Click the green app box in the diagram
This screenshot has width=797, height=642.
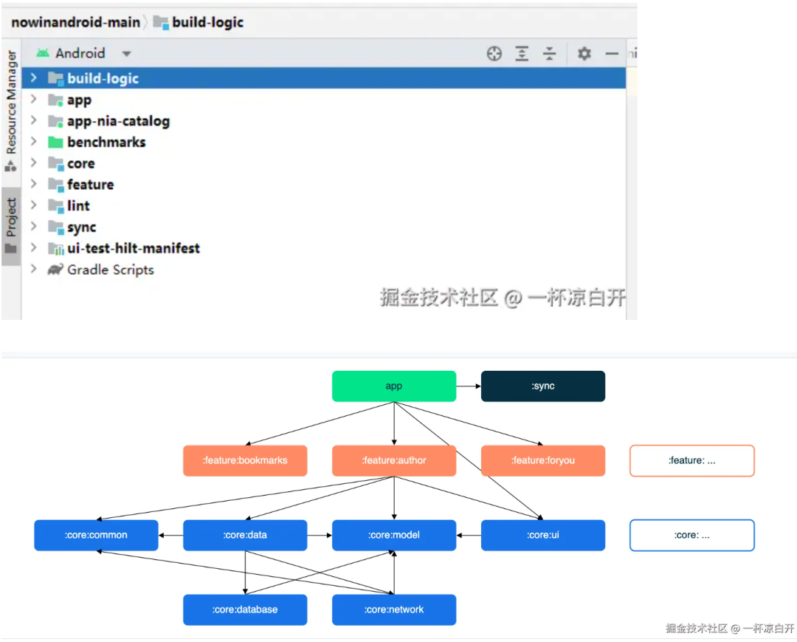(x=393, y=386)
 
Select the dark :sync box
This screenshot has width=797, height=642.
(x=542, y=386)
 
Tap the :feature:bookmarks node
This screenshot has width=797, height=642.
(x=245, y=460)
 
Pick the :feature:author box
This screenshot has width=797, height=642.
(x=393, y=460)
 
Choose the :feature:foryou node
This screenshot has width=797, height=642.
(x=542, y=460)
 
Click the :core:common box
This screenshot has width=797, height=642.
(x=96, y=535)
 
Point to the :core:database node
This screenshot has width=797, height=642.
(x=245, y=609)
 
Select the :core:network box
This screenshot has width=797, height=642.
(x=393, y=609)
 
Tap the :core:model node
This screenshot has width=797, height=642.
(x=393, y=535)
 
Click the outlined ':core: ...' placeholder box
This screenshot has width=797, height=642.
(x=691, y=535)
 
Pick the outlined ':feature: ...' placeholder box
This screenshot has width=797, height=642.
(x=691, y=460)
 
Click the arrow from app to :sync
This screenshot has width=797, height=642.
(x=468, y=386)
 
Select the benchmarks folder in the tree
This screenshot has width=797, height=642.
(x=106, y=142)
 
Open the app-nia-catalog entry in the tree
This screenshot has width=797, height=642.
(x=118, y=120)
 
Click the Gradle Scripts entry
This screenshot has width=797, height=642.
(x=110, y=270)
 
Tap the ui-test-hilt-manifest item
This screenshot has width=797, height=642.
(x=133, y=248)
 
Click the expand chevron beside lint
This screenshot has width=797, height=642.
(x=33, y=205)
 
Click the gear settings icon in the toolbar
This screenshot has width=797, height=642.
(x=584, y=53)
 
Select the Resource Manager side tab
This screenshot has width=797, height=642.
(x=11, y=103)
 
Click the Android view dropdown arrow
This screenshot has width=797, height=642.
(x=126, y=54)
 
